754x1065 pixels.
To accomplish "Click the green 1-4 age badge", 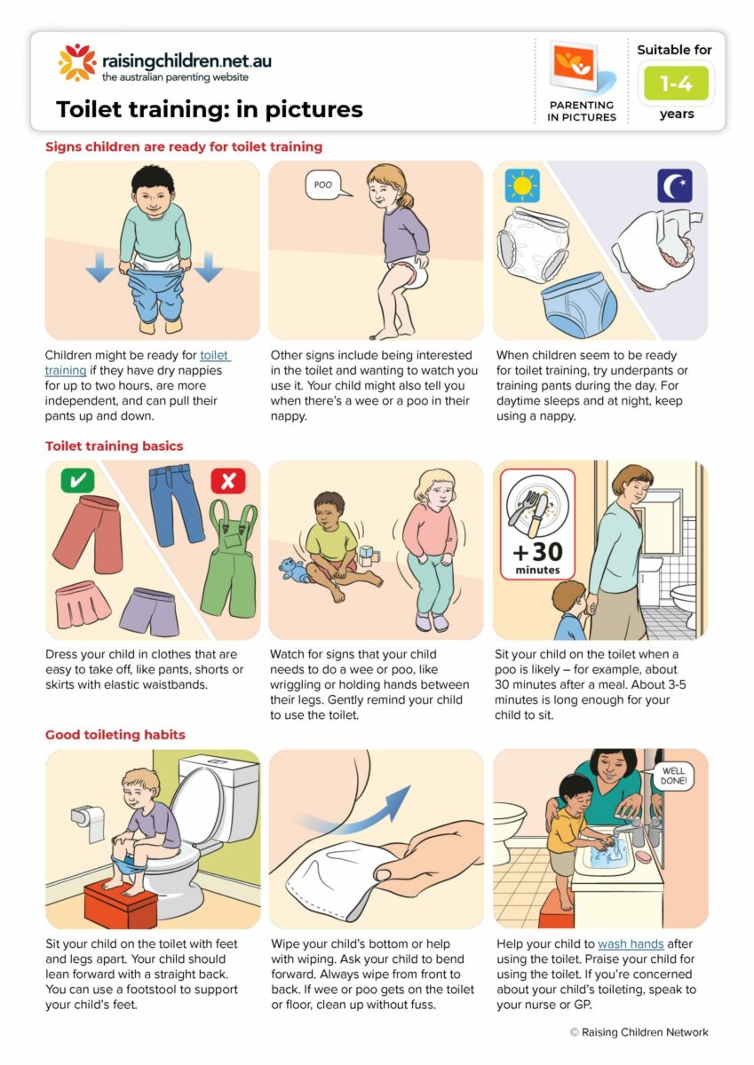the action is (x=676, y=83).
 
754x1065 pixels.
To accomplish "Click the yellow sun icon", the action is (x=522, y=185).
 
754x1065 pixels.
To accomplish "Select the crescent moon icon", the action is (x=675, y=185).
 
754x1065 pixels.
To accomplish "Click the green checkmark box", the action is (x=77, y=480).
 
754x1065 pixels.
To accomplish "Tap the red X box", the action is (x=228, y=480).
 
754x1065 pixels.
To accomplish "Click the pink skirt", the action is (x=83, y=604).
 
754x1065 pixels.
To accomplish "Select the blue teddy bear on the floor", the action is (x=291, y=570).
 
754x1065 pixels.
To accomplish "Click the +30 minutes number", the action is (x=537, y=552).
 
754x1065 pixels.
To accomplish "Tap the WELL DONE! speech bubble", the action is (x=673, y=776).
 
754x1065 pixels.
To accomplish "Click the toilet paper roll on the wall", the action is (x=91, y=822).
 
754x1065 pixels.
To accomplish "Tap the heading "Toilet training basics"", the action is (x=115, y=446).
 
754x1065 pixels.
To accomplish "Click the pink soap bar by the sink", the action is (x=643, y=856).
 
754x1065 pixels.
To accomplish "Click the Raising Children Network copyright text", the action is (x=639, y=1032).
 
